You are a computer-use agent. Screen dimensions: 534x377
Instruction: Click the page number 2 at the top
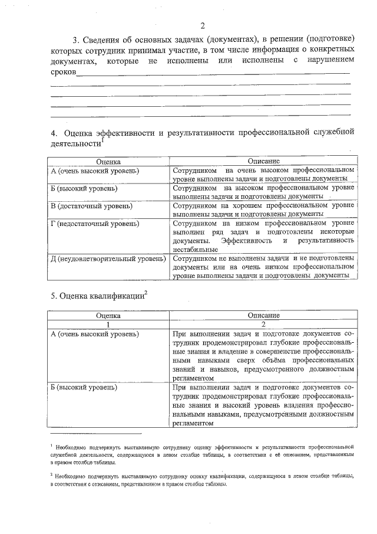click(202, 25)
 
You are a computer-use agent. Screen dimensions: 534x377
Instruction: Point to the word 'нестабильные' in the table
click(197, 249)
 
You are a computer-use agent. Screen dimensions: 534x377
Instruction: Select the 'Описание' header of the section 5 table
click(263, 316)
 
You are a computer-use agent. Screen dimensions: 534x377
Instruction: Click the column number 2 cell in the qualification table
click(263, 324)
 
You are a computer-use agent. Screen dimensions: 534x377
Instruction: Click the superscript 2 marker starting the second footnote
click(52, 474)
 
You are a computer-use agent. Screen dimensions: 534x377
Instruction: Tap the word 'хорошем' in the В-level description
click(231, 205)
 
